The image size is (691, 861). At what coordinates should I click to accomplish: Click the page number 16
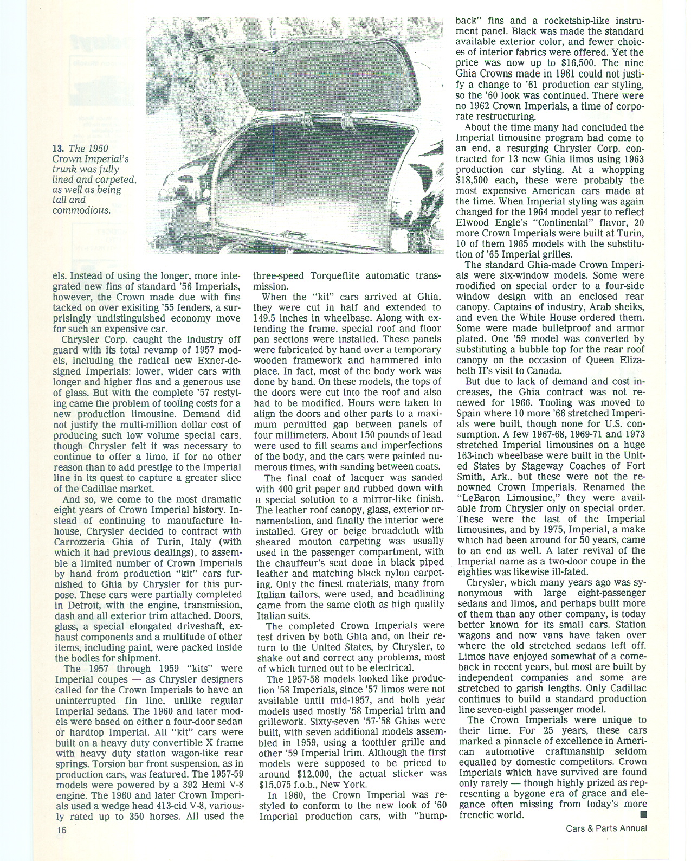[60, 830]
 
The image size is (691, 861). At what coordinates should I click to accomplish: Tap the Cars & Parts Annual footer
[606, 828]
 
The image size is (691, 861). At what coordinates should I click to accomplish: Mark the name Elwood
[475, 223]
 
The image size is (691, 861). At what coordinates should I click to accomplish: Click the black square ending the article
[643, 814]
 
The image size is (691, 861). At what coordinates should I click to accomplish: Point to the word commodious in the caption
[81, 210]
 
